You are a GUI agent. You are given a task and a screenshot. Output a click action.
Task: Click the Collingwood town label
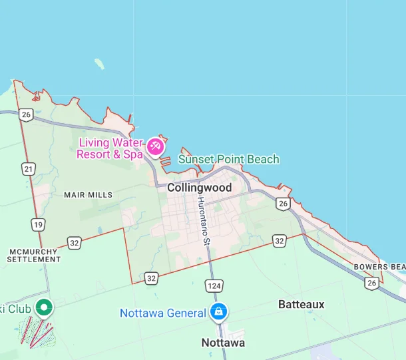point(199,188)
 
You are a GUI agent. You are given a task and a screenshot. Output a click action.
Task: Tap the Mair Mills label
point(88,195)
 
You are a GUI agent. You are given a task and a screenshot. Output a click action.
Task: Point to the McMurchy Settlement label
point(34,256)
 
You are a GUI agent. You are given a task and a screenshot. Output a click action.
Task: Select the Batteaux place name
point(301,304)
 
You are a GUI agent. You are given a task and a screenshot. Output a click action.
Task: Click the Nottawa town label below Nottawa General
point(223,343)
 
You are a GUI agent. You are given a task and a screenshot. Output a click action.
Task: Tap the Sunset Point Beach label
point(228,159)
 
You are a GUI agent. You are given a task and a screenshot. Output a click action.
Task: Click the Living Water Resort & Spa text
point(110,148)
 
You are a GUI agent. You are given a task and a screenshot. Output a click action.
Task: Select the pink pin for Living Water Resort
point(155,146)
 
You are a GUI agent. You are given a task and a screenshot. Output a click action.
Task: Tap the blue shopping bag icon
point(217,311)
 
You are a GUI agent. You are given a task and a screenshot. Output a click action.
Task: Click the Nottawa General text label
point(162,313)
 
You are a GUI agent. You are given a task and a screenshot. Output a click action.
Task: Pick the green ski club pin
point(45,307)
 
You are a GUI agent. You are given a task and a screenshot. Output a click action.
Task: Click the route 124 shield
point(214,285)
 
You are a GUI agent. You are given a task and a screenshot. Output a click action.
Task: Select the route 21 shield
point(28,169)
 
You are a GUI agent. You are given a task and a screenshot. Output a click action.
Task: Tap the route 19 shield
point(37,224)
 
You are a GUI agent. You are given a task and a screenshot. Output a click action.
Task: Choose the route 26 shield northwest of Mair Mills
point(26,114)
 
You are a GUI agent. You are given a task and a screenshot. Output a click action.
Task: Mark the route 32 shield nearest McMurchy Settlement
point(74,243)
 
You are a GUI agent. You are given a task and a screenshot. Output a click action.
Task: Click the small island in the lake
point(100,64)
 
